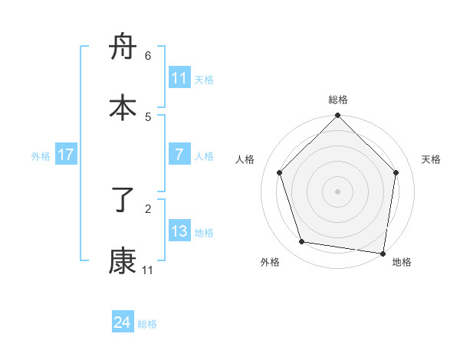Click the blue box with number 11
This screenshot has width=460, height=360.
(179, 78)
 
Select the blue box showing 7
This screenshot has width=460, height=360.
(179, 155)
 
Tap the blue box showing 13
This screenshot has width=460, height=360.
(179, 231)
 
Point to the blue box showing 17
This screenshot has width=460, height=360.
(66, 155)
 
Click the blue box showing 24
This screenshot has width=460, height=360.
(122, 322)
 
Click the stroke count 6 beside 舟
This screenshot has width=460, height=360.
(148, 56)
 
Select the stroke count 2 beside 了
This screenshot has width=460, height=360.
(148, 208)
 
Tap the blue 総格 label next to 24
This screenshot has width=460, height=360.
(147, 324)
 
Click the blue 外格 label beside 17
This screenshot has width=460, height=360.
(41, 156)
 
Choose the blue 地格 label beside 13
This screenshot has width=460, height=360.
(204, 233)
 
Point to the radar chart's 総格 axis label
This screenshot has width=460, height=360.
(338, 100)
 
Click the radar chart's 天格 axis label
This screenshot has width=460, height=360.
(432, 159)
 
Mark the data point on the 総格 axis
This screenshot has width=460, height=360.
(338, 116)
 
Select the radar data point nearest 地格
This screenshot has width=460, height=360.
(383, 253)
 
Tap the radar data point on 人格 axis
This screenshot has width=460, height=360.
(280, 172)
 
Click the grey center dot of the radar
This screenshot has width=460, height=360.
(338, 191)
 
